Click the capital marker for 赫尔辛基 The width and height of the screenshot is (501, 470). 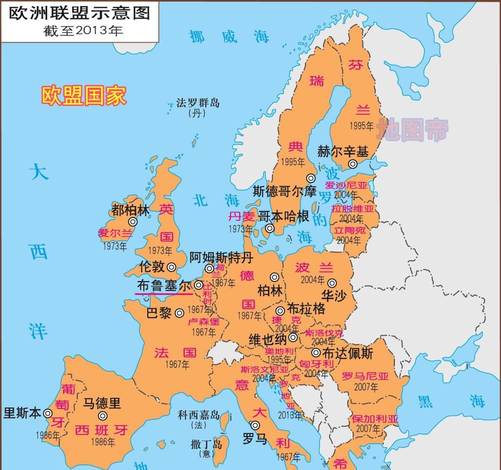[x=353, y=164]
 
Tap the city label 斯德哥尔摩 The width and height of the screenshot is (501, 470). [x=285, y=191]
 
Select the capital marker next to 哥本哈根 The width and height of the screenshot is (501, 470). [x=270, y=228]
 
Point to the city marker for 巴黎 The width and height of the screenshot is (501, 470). [x=180, y=313]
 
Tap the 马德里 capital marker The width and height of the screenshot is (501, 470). [x=103, y=415]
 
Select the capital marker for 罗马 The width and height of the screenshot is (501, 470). [x=255, y=425]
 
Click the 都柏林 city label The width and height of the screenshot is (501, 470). [x=131, y=210]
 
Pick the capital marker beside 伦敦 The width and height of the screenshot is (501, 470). [x=172, y=267]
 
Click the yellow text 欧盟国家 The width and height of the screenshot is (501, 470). [x=84, y=95]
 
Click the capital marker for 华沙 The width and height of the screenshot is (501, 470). [x=332, y=283]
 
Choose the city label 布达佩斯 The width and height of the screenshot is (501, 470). [x=348, y=353]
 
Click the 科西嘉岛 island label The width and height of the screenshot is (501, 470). [x=199, y=415]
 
